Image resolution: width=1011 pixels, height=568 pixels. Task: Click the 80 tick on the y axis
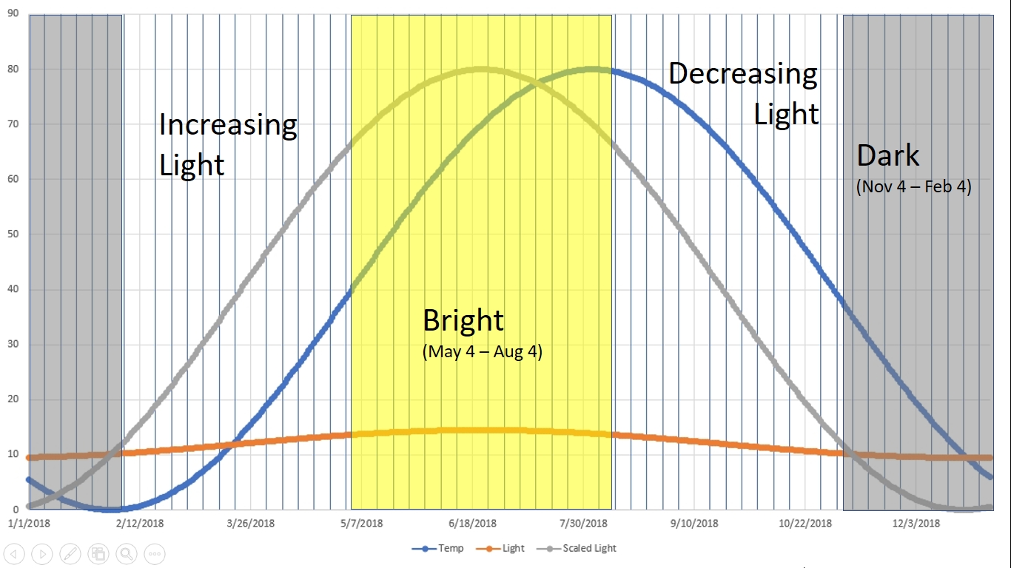point(13,69)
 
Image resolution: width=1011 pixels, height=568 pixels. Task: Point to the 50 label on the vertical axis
point(13,234)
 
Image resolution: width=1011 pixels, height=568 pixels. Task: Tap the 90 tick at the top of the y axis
point(13,14)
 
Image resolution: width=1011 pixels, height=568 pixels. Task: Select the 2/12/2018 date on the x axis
point(141,523)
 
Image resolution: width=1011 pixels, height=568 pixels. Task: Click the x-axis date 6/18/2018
point(474,523)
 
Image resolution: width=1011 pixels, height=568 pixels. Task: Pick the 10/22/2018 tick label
point(806,523)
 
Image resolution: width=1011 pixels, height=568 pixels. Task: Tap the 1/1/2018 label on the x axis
point(30,523)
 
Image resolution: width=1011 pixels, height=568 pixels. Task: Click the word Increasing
point(228,125)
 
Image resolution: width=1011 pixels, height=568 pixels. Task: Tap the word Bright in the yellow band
point(463,321)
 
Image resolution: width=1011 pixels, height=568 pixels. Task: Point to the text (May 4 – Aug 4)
point(483,352)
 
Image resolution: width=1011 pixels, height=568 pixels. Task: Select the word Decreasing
point(743,74)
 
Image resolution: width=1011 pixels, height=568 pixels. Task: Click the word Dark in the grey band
point(888,156)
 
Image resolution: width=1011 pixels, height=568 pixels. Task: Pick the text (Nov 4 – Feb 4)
point(913,186)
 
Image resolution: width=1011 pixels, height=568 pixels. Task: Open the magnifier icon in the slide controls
point(127,552)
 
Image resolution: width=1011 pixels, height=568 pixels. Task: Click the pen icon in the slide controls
point(70,552)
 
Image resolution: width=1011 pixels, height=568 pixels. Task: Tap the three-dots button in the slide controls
point(154,552)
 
